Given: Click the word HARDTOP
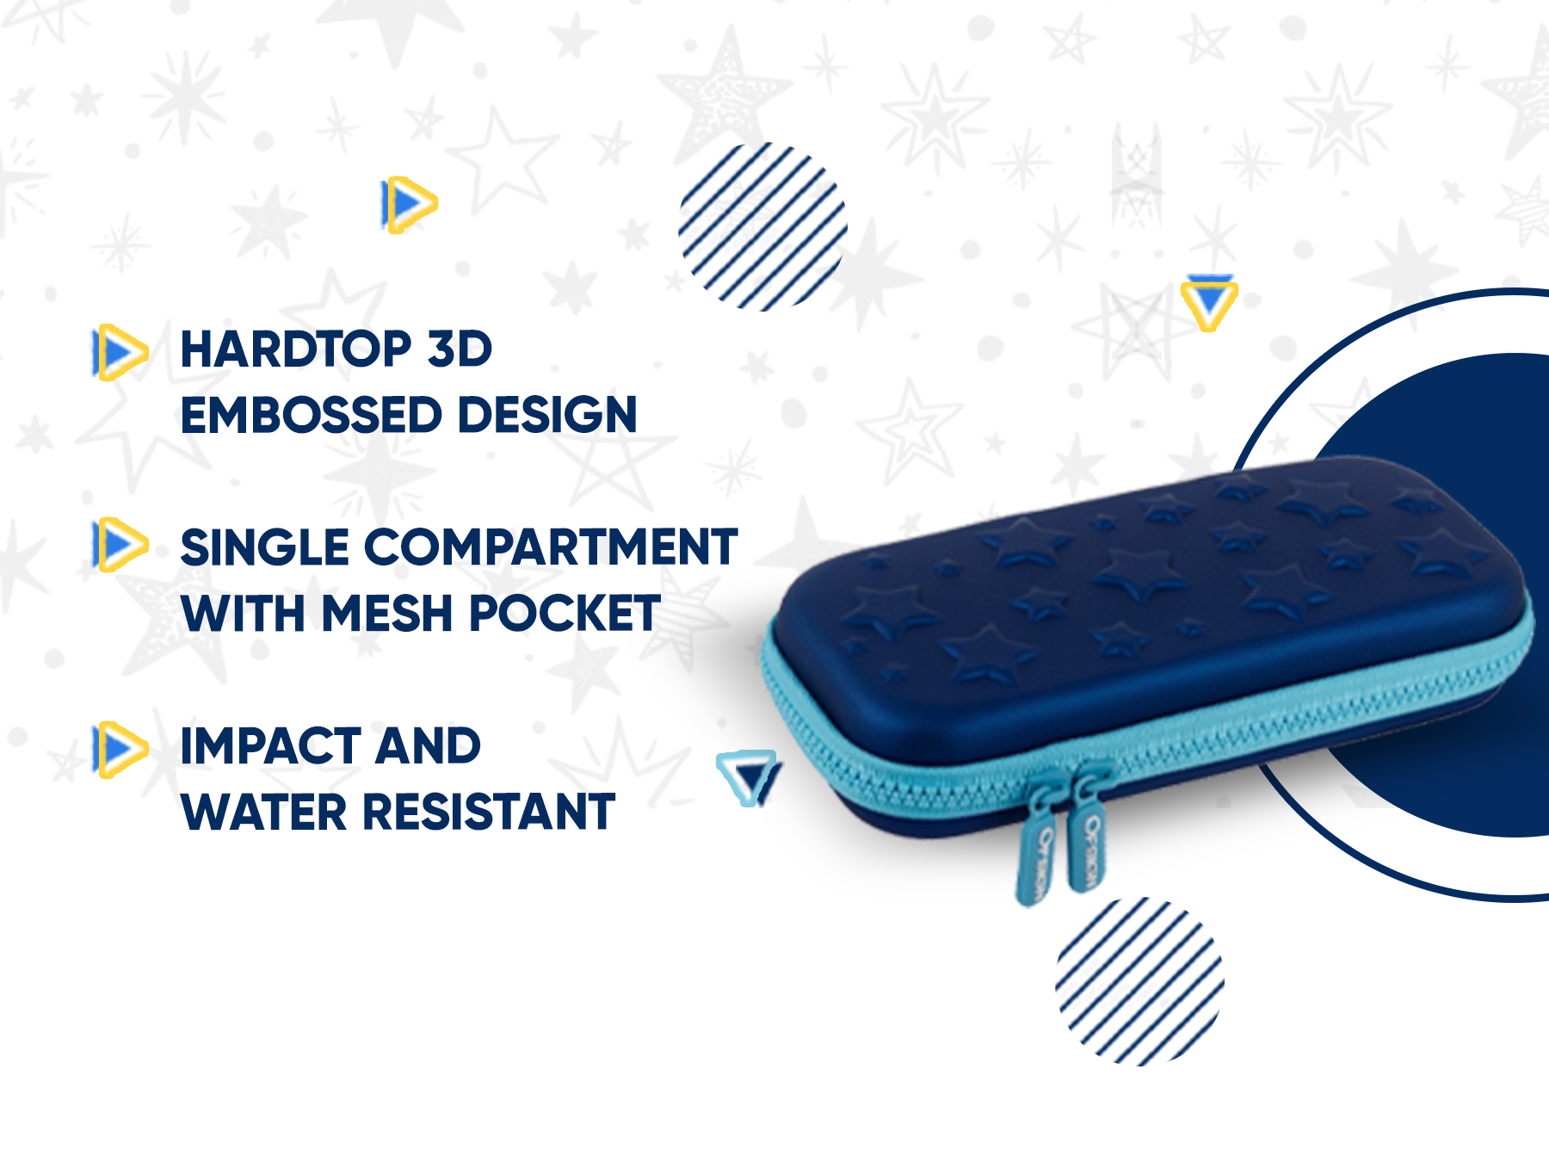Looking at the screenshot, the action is click(x=296, y=349).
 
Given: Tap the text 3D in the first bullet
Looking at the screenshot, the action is click(x=460, y=349).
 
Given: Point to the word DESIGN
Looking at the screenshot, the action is click(x=547, y=415).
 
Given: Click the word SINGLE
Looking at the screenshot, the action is click(x=265, y=547).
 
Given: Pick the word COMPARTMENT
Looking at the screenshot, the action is click(x=552, y=547).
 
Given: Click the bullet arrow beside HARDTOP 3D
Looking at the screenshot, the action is click(x=120, y=352).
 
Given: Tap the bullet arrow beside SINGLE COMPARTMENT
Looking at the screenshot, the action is click(x=120, y=544).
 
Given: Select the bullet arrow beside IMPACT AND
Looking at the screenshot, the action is click(x=120, y=750).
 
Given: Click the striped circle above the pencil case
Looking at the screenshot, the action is click(x=762, y=226).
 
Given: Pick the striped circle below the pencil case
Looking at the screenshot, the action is click(x=1139, y=981).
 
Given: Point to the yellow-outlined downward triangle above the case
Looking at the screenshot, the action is click(x=1209, y=302).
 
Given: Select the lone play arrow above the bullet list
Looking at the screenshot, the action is click(x=410, y=205).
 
